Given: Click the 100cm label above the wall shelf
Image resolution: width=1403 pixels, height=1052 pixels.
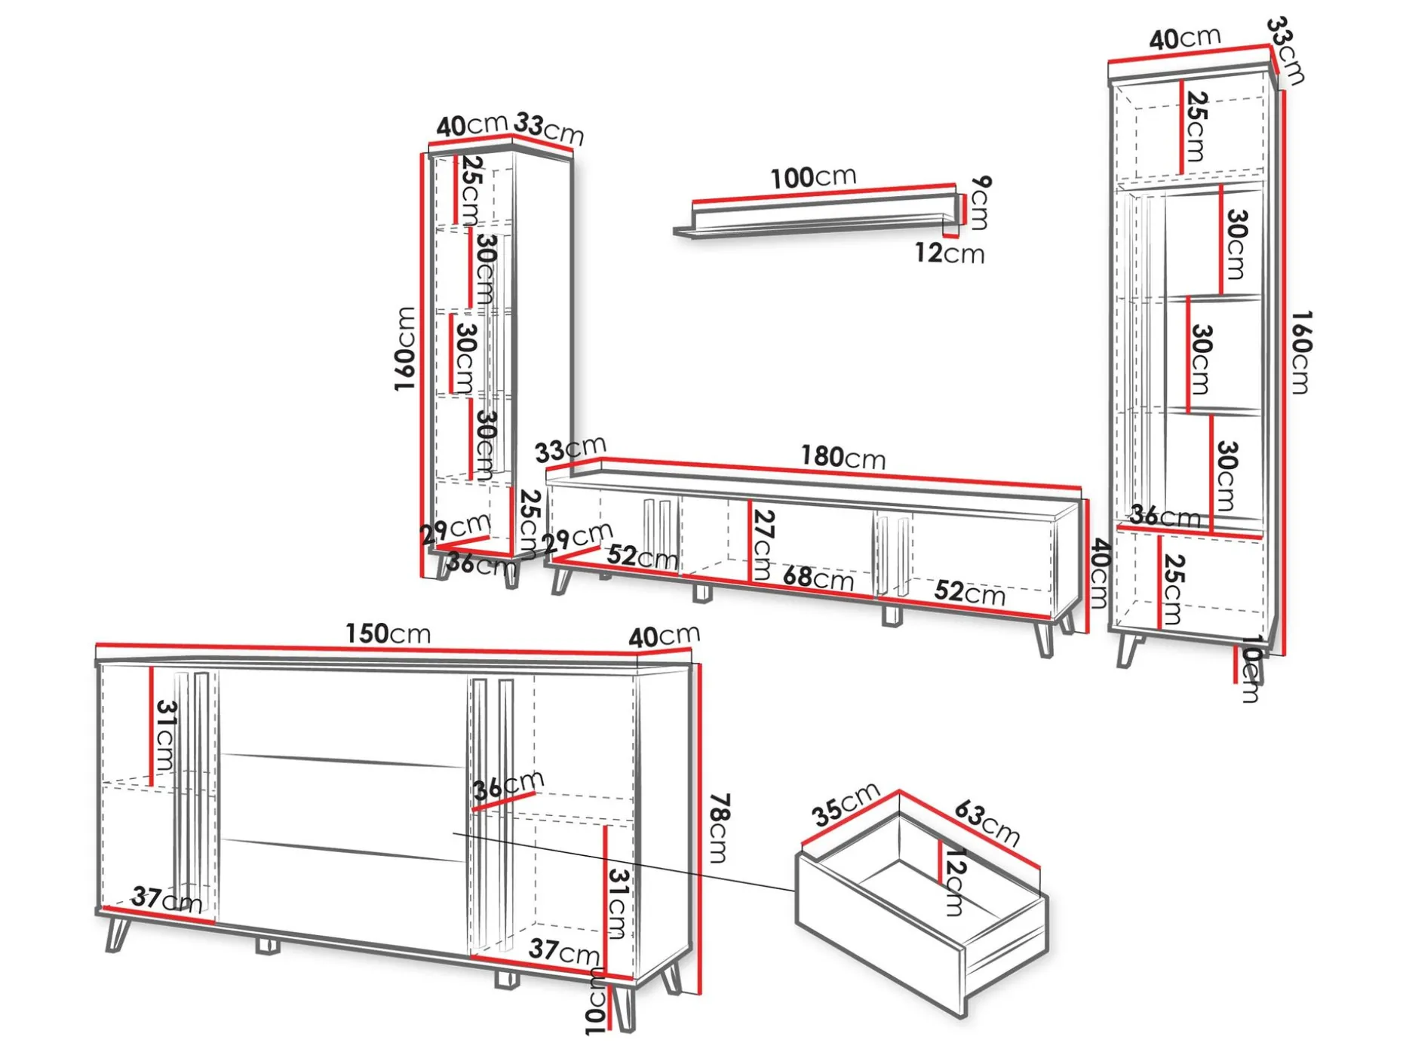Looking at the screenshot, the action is [x=813, y=177].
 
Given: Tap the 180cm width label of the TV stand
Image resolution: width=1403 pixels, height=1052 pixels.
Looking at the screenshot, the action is [x=843, y=457].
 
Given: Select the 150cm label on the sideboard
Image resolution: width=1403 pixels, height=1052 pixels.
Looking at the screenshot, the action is [x=388, y=633].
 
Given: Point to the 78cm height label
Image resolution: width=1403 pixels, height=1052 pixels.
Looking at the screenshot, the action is [x=718, y=827].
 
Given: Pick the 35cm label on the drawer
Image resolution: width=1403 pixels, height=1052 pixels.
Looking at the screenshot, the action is [x=846, y=804].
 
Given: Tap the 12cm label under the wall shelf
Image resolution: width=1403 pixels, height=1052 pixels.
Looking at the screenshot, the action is [x=950, y=253].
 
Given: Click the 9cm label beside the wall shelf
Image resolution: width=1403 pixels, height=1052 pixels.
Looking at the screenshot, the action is [x=981, y=202].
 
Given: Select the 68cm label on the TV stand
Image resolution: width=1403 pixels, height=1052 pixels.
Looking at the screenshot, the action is [x=818, y=578].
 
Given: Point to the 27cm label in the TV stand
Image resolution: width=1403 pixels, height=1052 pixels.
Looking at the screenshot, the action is [x=763, y=544].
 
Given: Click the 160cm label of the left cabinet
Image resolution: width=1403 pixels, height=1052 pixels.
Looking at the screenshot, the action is [x=405, y=348].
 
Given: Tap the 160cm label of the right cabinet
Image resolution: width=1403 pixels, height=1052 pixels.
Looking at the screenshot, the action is [x=1301, y=351].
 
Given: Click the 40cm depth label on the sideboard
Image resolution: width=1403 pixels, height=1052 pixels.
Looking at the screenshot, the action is [x=665, y=636].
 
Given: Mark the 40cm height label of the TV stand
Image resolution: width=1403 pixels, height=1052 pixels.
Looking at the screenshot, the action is [x=1099, y=573].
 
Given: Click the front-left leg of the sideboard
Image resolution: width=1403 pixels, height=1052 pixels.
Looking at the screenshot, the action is [x=117, y=934].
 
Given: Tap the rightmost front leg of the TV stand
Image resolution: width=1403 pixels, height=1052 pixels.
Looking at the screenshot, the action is [x=1045, y=638].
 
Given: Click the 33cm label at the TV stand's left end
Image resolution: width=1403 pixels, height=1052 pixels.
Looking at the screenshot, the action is [x=570, y=449].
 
